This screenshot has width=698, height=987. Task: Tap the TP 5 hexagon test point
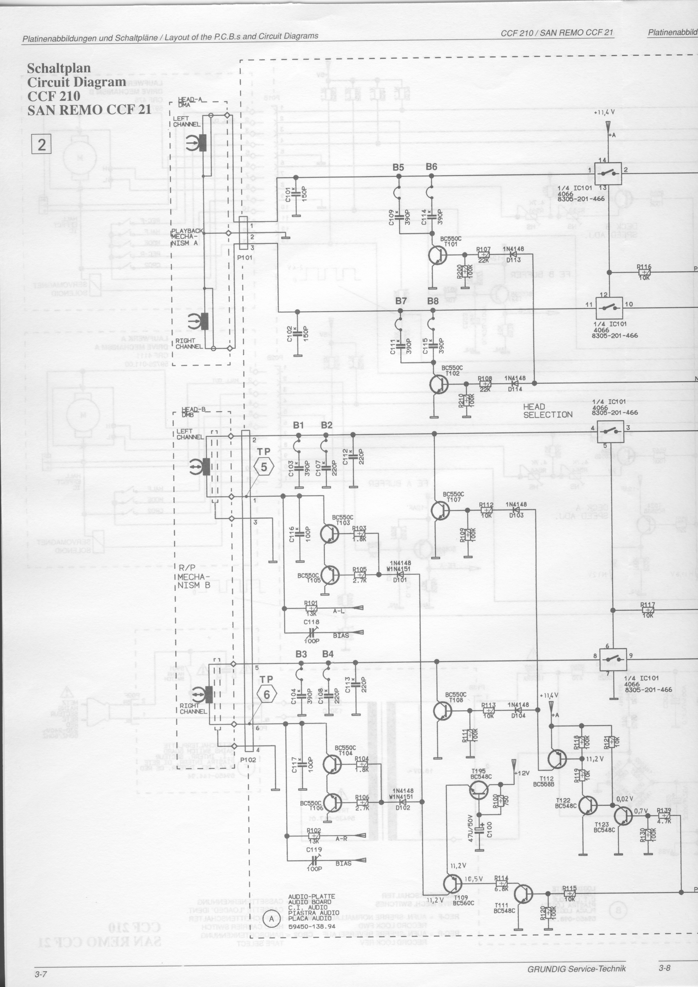[x=264, y=467]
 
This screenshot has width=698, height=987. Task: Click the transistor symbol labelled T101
[x=437, y=256]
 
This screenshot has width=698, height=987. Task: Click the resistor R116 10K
[x=644, y=272]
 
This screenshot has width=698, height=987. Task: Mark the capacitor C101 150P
[x=296, y=195]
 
